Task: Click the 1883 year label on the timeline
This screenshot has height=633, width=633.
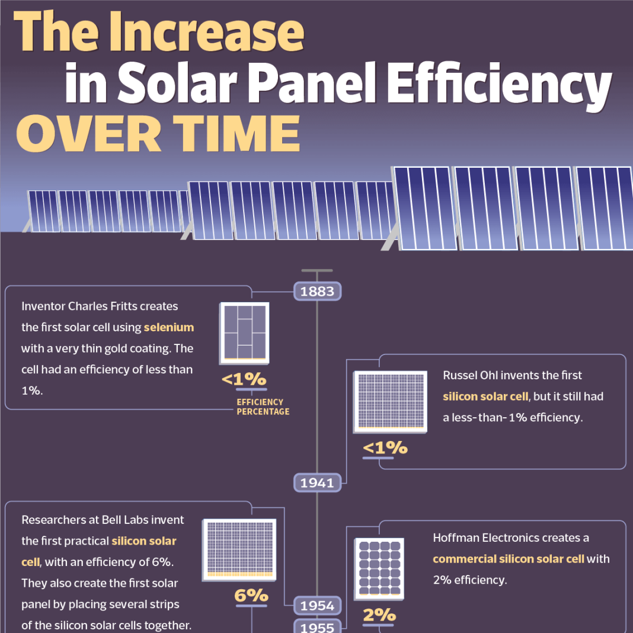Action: click(317, 292)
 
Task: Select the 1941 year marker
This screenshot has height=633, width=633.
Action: click(317, 482)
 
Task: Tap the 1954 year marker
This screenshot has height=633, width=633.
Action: click(317, 605)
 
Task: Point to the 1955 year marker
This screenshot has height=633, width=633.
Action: click(317, 627)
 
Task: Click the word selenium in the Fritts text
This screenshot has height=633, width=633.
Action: click(169, 327)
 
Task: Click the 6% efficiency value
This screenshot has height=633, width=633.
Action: click(251, 595)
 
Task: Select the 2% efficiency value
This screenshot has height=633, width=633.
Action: click(379, 616)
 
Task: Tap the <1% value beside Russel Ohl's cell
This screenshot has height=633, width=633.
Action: click(385, 447)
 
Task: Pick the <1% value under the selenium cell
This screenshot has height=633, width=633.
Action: click(244, 379)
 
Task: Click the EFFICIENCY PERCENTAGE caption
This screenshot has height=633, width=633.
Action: click(263, 407)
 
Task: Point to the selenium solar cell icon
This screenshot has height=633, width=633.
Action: click(244, 333)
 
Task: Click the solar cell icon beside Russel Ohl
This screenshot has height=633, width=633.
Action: click(390, 401)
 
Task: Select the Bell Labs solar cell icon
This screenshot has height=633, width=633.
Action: click(239, 549)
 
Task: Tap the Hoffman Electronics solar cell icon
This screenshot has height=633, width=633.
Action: click(379, 567)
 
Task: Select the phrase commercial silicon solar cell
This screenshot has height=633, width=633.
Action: click(509, 558)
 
